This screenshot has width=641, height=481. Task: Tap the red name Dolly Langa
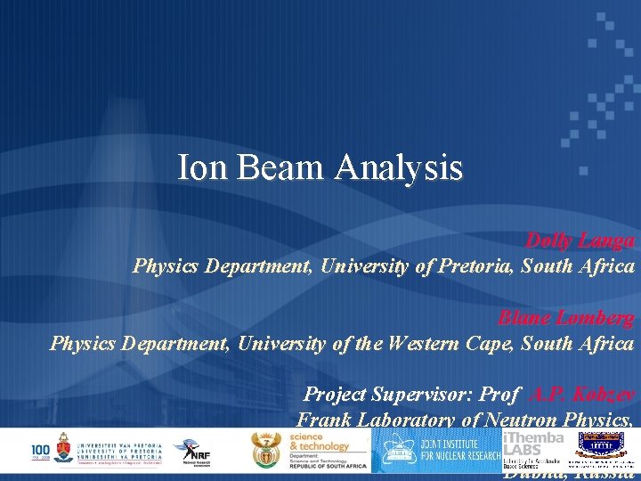coord(580,240)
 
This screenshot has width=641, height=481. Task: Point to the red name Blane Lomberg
coord(566,318)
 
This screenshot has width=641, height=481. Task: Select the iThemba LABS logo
coord(532,450)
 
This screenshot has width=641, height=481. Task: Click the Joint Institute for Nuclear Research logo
coord(436,450)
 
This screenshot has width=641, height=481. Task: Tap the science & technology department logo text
coord(325,450)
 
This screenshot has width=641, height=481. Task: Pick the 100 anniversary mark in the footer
coord(40,450)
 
